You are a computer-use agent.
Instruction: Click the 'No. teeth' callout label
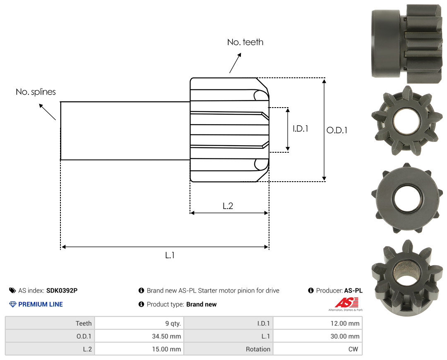pyautogui.click(x=245, y=42)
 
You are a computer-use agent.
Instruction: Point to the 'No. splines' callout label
pyautogui.click(x=36, y=92)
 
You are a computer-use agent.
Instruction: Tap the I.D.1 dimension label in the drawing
pyautogui.click(x=300, y=129)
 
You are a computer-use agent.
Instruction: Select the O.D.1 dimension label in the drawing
pyautogui.click(x=336, y=130)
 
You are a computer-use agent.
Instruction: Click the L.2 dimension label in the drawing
pyautogui.click(x=228, y=206)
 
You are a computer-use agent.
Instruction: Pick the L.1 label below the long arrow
pyautogui.click(x=170, y=255)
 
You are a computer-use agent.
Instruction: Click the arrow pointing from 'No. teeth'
pyautogui.click(x=235, y=63)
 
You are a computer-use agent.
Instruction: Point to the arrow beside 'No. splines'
pyautogui.click(x=47, y=112)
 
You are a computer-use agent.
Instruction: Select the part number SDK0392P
pyautogui.click(x=62, y=290)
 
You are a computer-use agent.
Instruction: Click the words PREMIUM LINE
pyautogui.click(x=41, y=305)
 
